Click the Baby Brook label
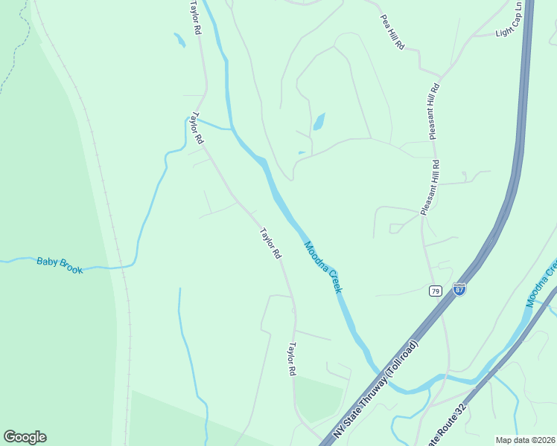(x=60, y=265)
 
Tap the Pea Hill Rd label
(x=392, y=32)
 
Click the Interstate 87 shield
(x=459, y=289)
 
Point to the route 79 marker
(x=436, y=290)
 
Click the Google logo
(x=25, y=437)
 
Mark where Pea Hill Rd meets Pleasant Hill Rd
(x=441, y=77)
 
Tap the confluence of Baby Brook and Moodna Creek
(x=232, y=129)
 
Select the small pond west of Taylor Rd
(x=179, y=40)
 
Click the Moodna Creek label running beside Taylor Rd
(x=322, y=266)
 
